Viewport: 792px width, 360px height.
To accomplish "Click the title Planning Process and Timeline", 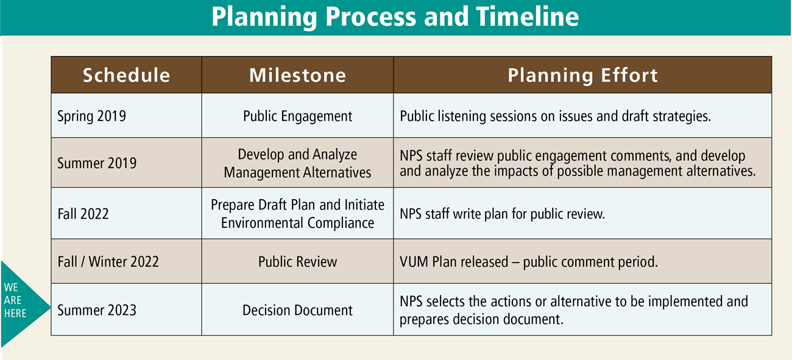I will [x=395, y=18].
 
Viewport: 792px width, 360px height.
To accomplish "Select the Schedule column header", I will [x=126, y=75].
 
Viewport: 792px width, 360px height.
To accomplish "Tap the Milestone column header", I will [x=297, y=75].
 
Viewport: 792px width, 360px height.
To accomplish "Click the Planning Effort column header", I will [x=582, y=75].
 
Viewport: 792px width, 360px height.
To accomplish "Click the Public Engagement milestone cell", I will [x=297, y=116].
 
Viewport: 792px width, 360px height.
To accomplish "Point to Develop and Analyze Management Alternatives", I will [x=297, y=163].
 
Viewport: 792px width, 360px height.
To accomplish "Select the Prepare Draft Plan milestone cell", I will [x=297, y=214].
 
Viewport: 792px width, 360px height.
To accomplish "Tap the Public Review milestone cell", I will [x=297, y=262].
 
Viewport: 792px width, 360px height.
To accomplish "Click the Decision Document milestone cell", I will [x=297, y=310].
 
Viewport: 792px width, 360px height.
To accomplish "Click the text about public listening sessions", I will [x=555, y=116].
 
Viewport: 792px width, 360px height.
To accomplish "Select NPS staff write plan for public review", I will [x=502, y=214].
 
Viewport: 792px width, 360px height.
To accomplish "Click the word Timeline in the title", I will [x=525, y=18].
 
